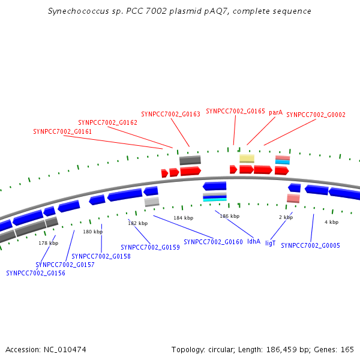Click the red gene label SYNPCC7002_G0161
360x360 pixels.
tap(62, 131)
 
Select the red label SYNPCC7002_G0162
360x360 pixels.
tap(107, 122)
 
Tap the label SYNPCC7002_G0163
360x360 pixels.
tap(170, 114)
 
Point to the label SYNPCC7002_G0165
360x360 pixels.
tap(235, 111)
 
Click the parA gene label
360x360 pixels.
tap(275, 113)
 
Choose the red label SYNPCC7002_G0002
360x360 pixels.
tap(316, 115)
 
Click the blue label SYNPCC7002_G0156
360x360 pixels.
tap(35, 273)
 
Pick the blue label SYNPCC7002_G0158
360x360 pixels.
tap(101, 256)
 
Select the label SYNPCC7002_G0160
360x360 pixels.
tap(213, 242)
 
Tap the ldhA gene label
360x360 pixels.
tap(254, 241)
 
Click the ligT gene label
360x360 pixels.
tap(270, 243)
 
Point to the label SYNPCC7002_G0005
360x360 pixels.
tap(310, 245)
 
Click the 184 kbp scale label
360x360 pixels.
tap(183, 218)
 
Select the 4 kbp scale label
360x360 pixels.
tap(331, 222)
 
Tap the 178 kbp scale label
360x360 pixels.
tap(48, 243)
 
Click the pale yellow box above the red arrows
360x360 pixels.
tap(247, 158)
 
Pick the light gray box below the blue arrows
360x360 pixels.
tap(152, 202)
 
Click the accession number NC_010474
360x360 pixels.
tap(65, 350)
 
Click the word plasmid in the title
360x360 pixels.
tap(185, 11)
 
